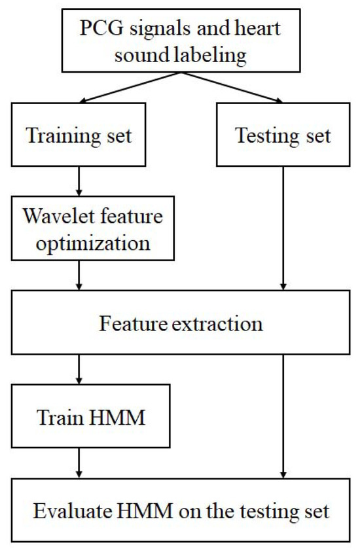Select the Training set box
tap(79, 137)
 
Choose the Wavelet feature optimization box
tap(92, 230)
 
